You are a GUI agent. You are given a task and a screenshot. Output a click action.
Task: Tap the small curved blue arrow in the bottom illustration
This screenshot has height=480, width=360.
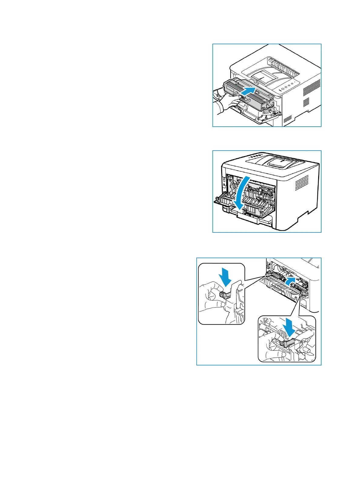(291, 280)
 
